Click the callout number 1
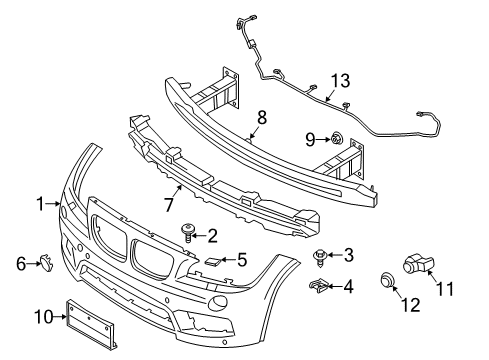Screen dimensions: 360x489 point(41,204)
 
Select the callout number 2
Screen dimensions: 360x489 point(212,236)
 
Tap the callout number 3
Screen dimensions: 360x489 point(349,254)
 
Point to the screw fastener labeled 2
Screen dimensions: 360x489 point(187,233)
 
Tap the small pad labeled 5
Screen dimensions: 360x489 point(214,261)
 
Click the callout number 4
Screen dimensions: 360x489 point(348,287)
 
